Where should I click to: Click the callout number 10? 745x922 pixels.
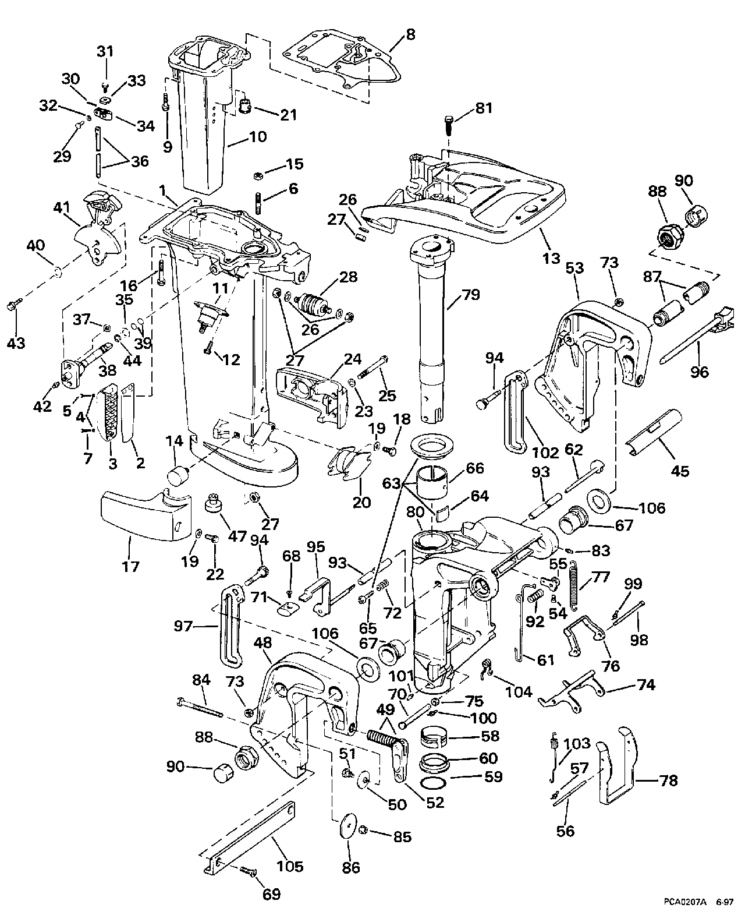click(257, 137)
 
